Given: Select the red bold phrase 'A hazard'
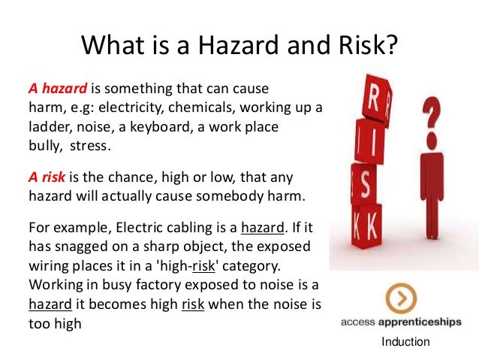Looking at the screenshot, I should click(53, 89).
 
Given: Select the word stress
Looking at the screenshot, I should click(92, 146).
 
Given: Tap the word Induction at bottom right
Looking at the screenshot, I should click(405, 343).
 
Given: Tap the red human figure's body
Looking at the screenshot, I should click(429, 188).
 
